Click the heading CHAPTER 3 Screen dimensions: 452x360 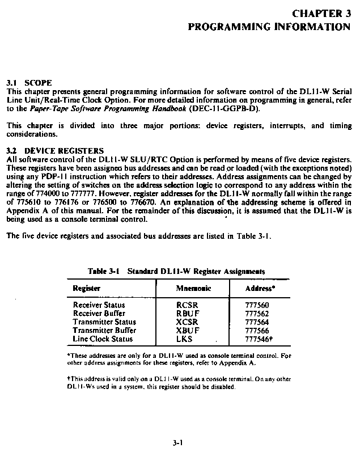pos(321,14)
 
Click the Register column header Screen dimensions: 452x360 pos(87,288)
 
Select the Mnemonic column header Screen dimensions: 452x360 pos(194,288)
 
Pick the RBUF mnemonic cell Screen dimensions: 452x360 pos(187,313)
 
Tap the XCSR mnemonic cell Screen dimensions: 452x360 pos(188,322)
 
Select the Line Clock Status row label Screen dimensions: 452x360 pos(103,339)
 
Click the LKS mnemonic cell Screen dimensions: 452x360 pos(185,339)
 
